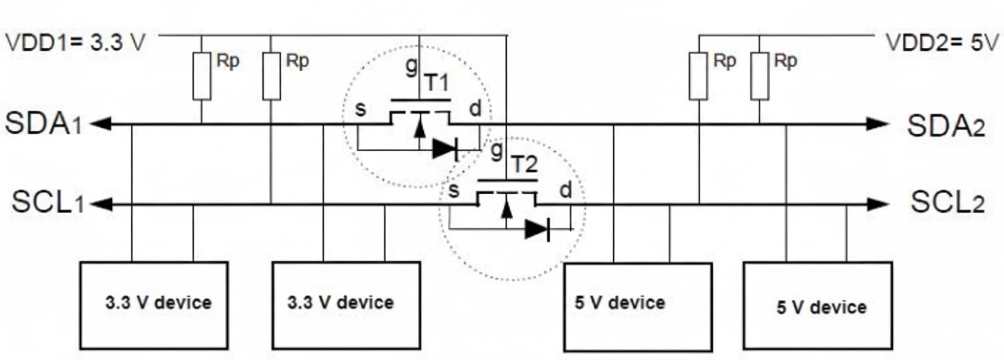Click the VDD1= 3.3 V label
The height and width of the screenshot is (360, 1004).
pos(75,43)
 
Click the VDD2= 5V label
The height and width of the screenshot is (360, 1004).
pos(942,43)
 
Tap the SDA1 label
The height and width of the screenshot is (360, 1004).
pos(43,124)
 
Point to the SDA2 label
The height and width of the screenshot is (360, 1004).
pos(946,126)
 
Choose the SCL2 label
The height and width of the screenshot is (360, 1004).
pos(947,203)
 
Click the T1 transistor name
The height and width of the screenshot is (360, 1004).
pos(436,82)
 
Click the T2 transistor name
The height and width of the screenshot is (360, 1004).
pos(524,164)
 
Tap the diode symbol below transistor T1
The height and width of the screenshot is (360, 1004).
pos(445,149)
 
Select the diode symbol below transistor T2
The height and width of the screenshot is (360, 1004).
pos(537,229)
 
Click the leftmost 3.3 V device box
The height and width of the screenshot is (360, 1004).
pos(154,305)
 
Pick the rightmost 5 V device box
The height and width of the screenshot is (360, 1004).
pos(818,306)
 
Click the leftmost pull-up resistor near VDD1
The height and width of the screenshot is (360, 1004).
pos(202,76)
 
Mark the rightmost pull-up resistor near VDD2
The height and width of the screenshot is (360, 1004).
pos(760,76)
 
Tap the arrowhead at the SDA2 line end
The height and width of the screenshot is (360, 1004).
pos(876,124)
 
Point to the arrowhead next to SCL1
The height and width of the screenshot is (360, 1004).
pos(102,204)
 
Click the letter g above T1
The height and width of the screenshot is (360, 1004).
pos(411,66)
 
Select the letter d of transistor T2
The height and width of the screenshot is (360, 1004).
pos(565,190)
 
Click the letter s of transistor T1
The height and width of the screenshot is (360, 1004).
pos(360,109)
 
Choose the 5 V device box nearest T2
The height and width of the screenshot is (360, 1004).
pos(638,306)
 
